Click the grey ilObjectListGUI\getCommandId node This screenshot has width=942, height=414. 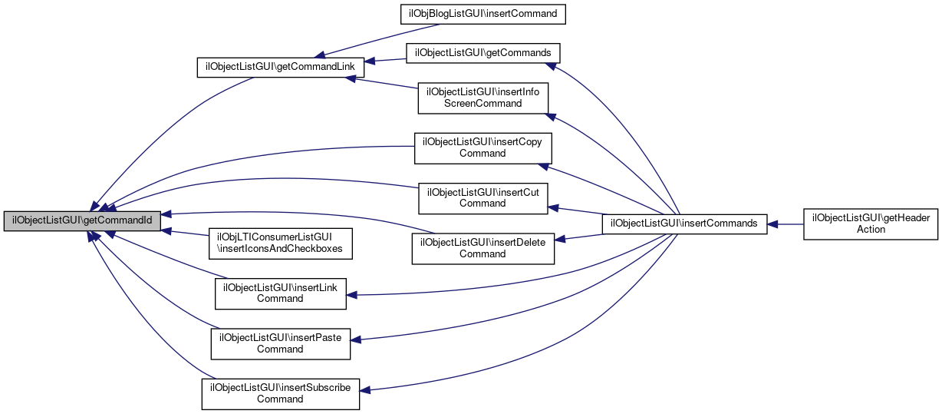coord(83,220)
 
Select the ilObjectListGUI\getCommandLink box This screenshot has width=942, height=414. coord(276,67)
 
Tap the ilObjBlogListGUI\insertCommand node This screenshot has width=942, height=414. coord(484,14)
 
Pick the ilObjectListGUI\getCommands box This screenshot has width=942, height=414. coord(484,53)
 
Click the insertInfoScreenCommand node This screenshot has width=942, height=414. coord(483,98)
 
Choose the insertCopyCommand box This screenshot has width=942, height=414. coord(483,147)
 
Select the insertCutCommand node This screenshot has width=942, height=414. coord(483,197)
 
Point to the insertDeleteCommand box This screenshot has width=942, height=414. coord(483,248)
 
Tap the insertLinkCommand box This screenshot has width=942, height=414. coord(280,293)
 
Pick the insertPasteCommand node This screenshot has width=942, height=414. coord(280,343)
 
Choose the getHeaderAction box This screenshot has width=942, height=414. coord(871,224)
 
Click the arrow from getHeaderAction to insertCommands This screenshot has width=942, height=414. coord(786,224)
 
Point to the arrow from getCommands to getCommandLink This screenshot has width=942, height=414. coord(384,60)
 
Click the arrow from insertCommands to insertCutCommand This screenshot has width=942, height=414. coord(578,210)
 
